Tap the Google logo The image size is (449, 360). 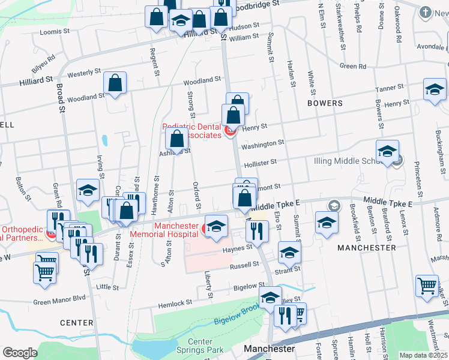point(20,353)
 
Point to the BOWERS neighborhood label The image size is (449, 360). point(325,103)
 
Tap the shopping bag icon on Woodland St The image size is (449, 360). point(115,83)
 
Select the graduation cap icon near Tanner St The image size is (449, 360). point(434,89)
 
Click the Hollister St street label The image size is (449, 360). point(259,163)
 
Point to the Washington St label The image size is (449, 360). point(262,144)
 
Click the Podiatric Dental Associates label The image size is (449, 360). point(191,131)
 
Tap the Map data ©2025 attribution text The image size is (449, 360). point(423,355)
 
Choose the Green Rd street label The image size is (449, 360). point(352,66)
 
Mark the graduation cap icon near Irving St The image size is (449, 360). point(88,190)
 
